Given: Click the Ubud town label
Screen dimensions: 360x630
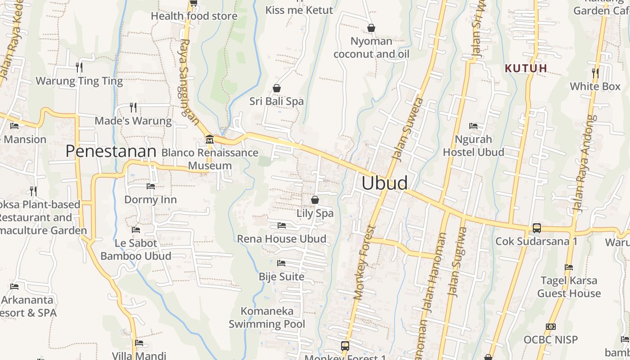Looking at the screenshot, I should pos(385,183).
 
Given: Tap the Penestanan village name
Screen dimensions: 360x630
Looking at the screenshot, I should pos(111,151).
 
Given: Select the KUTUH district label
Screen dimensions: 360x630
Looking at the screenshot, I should pos(526,68).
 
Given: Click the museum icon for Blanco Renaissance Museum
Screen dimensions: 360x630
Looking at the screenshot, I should pos(209,139).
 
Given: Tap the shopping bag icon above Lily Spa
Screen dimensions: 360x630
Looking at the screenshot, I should pos(315,199).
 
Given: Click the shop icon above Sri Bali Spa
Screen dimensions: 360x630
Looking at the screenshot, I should pos(277,88).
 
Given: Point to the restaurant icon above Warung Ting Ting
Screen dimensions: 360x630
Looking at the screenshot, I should pos(79,67).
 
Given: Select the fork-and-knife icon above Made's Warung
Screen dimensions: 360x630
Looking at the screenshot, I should pos(133,107).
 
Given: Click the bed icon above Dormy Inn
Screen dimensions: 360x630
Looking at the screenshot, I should pos(151,186).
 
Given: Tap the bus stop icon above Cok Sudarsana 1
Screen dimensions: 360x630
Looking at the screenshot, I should pos(536,228).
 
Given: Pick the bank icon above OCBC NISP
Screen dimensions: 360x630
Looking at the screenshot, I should pos(550,326).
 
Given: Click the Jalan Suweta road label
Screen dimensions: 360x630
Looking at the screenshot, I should pos(408,129).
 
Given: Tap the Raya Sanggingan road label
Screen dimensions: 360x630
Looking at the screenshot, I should pos(189,78).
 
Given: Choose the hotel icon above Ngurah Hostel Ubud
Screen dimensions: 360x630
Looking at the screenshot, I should pos(473,126).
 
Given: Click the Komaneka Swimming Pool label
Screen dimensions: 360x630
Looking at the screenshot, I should pos(267,317).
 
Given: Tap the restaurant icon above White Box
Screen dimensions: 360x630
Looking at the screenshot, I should pos(595,72).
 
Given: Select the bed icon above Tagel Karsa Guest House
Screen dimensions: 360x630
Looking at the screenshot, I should pos(569,267).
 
